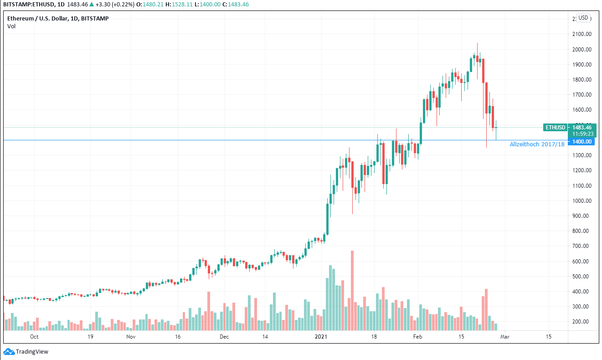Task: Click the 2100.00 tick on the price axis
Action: tap(582, 34)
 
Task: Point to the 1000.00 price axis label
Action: tap(582, 201)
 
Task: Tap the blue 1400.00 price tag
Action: tap(582, 142)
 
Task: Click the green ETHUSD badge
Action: tap(555, 128)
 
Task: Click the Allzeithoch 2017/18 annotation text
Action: tap(537, 144)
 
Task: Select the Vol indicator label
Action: tap(11, 26)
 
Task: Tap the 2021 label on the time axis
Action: tap(321, 337)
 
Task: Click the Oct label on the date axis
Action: tap(34, 337)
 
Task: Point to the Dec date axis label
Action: tap(224, 337)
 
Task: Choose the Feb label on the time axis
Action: tap(417, 337)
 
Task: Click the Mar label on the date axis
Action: tap(504, 337)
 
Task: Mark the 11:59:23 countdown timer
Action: tap(582, 134)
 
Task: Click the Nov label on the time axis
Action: tap(131, 337)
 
